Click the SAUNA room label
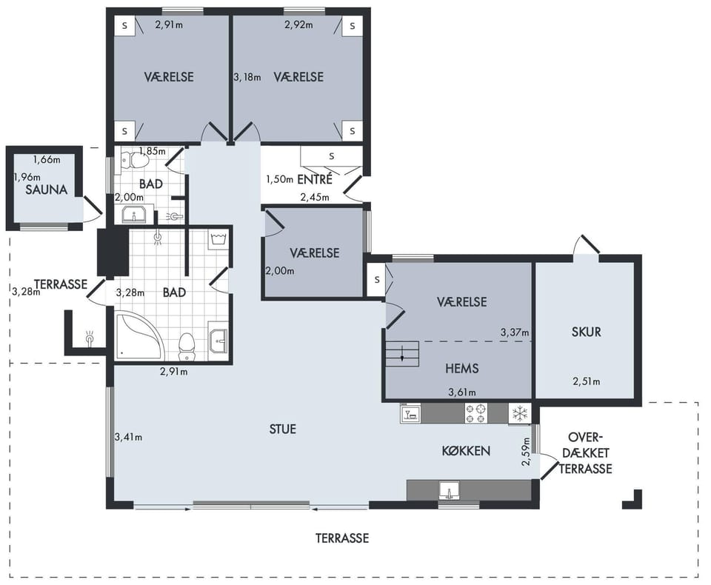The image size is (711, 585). [46, 190]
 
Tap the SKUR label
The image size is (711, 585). [587, 332]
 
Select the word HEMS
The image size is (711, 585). [461, 368]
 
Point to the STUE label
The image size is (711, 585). [282, 429]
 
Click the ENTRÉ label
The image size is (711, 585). [315, 180]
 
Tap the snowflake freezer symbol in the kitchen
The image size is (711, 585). [520, 414]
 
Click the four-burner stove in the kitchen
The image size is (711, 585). [476, 412]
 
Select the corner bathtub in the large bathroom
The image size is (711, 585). [138, 335]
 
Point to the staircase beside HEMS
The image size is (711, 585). [401, 354]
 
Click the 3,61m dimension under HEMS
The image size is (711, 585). [462, 392]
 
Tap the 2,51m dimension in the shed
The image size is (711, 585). [587, 381]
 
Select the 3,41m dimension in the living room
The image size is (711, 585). [128, 438]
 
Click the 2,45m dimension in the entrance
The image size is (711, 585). [315, 197]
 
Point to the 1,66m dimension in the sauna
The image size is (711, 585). [47, 160]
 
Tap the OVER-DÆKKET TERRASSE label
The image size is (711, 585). [585, 453]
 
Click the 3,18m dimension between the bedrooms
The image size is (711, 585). [247, 77]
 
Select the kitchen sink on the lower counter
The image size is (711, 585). [449, 490]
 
